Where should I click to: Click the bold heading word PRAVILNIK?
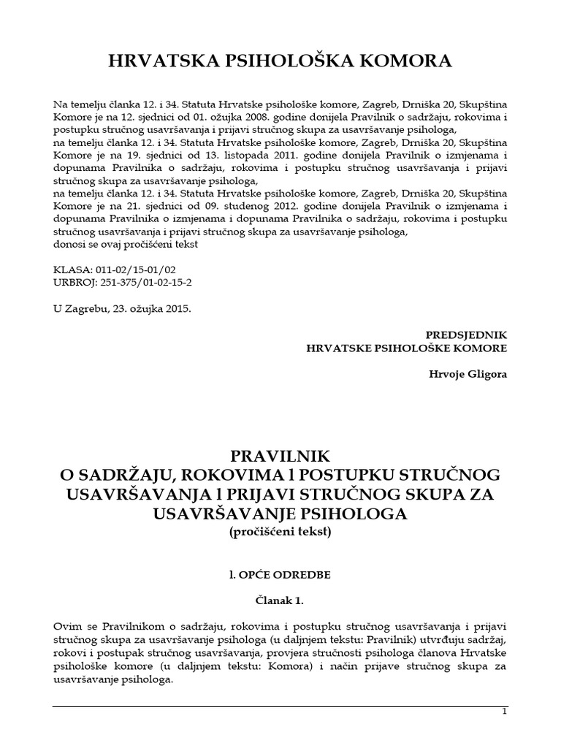click(280, 456)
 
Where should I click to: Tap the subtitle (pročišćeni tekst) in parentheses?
click(280, 533)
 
